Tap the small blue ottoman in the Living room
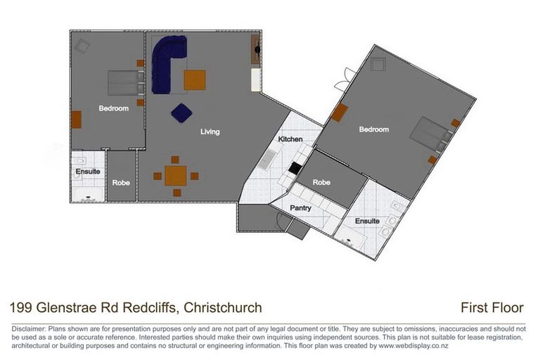pos(181,112)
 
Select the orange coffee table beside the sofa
pos(195,80)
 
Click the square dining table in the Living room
pos(175,176)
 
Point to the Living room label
pos(210,131)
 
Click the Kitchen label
pos(290,139)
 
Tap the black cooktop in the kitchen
pos(296,168)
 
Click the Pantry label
pos(301,208)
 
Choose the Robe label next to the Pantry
pos(321,182)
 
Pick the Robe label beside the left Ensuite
pos(121,182)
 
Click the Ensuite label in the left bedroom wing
pos(88,172)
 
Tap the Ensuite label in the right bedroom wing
pos(367,221)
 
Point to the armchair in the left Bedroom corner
pos(82,46)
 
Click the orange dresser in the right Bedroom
pos(341,112)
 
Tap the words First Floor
pos(492,307)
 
